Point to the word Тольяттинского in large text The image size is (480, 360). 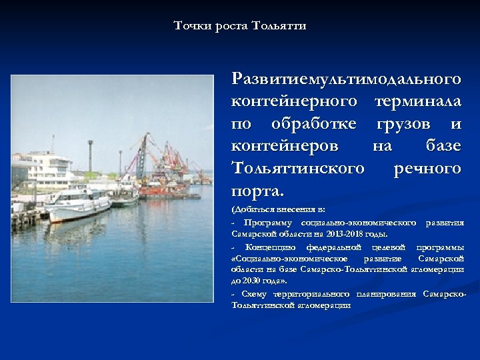[297, 168]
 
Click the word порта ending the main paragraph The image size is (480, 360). [257, 191]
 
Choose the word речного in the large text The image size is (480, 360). [427, 168]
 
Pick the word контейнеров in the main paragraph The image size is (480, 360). [285, 146]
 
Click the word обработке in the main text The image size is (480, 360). [313, 124]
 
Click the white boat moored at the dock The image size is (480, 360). [80, 203]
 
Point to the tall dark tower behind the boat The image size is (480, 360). [90, 160]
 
